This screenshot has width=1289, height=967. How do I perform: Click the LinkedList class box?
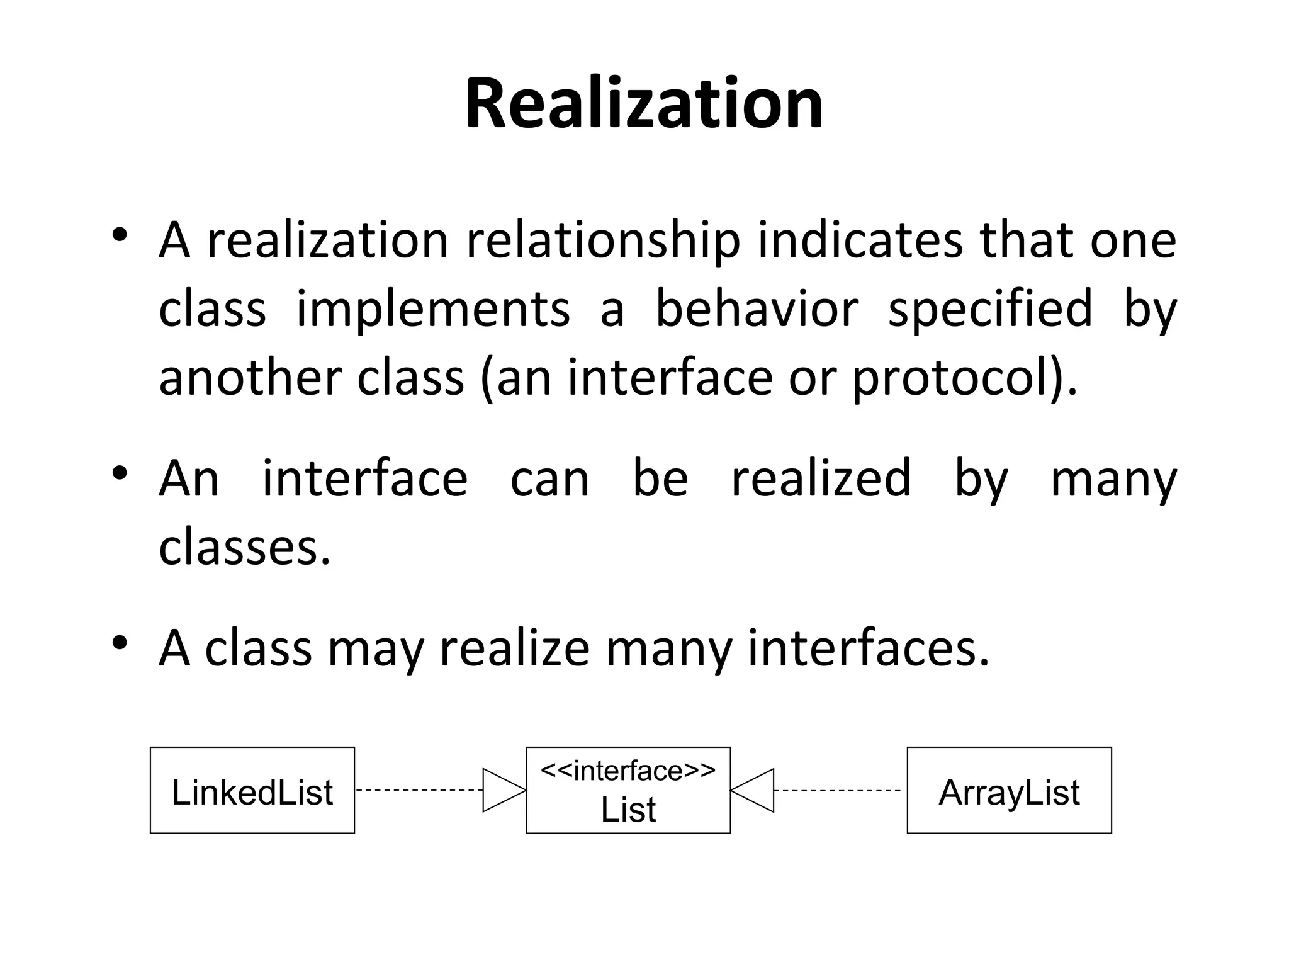point(252,791)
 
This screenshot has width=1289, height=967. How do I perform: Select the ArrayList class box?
point(1009,791)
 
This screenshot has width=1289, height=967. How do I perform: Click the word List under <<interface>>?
point(628,810)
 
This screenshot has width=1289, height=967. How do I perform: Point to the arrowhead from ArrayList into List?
point(753,790)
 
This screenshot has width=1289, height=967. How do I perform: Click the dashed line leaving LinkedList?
point(419,790)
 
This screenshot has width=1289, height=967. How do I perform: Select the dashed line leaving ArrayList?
point(837,790)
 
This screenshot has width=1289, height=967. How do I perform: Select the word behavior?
point(757,310)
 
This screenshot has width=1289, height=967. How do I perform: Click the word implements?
point(433,310)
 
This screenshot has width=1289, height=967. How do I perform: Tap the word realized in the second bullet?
point(821,480)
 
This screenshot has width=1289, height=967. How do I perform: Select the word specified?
point(990,310)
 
